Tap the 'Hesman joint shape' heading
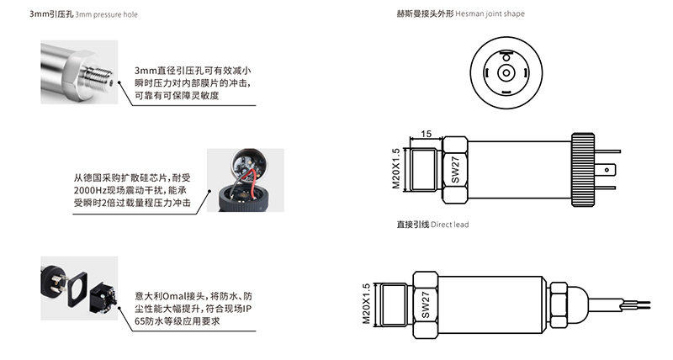(495, 14)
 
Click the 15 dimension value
(427, 134)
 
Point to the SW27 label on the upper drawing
(455, 169)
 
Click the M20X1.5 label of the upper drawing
(396, 169)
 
